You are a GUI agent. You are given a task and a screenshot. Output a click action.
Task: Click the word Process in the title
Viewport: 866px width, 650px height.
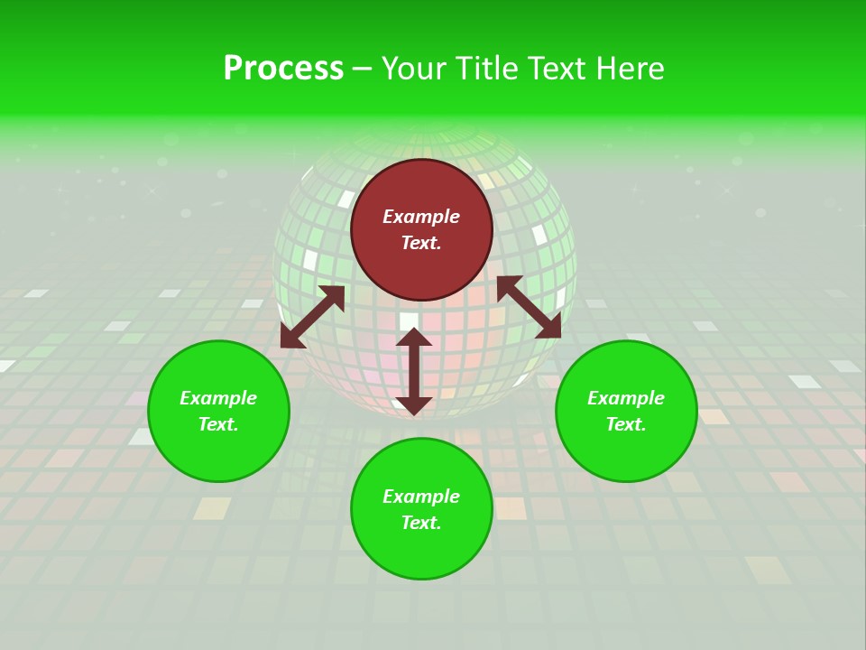[x=283, y=69]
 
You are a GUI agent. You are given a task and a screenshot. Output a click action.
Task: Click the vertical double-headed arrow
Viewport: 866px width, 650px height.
[x=414, y=371]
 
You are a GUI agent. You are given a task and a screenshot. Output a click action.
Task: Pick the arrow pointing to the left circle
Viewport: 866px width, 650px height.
[x=312, y=317]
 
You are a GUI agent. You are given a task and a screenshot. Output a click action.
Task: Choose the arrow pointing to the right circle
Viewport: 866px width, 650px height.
[x=530, y=307]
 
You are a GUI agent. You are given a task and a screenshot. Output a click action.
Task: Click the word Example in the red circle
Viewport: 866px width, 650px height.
[x=421, y=217]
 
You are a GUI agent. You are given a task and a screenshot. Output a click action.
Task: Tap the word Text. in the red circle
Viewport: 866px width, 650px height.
[x=421, y=243]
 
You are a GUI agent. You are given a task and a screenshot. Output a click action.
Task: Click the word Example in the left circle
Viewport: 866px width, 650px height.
[x=218, y=398]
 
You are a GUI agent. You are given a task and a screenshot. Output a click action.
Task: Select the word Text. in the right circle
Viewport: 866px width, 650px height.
[x=626, y=424]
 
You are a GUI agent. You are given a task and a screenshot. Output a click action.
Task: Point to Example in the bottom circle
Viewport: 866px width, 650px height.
[x=421, y=497]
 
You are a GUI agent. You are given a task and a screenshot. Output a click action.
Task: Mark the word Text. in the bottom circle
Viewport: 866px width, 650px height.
[x=421, y=523]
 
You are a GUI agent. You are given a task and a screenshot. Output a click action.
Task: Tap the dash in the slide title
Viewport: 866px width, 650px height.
[x=362, y=69]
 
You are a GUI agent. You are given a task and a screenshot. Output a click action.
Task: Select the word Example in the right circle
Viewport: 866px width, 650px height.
[x=626, y=398]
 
